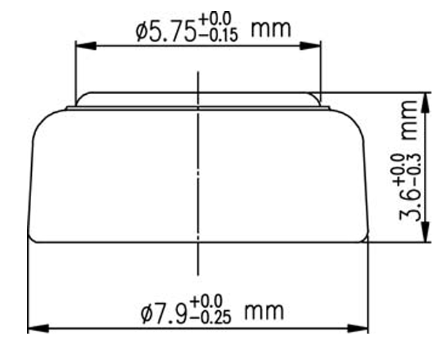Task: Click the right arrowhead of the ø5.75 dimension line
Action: (x=314, y=47)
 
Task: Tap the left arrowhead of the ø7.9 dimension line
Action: (x=37, y=327)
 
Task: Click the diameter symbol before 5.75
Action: (x=142, y=32)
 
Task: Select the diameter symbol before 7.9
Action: (x=147, y=314)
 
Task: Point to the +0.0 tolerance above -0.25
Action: (x=206, y=302)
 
